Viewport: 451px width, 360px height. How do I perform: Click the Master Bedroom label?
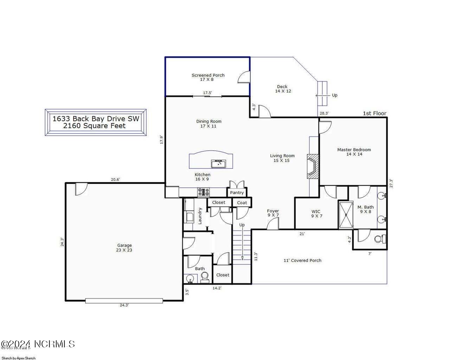click(x=354, y=152)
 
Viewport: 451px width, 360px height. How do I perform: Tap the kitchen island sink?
click(x=219, y=164)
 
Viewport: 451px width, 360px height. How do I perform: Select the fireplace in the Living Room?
click(x=313, y=167)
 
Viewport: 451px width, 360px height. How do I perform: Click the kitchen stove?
click(x=204, y=192)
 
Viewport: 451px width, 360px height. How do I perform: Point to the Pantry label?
click(x=237, y=193)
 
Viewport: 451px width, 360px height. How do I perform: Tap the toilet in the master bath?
click(x=379, y=239)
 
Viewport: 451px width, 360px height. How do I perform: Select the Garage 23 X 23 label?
click(x=124, y=248)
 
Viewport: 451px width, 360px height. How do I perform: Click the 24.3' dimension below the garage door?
click(x=124, y=305)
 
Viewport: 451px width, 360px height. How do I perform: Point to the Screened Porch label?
click(x=208, y=77)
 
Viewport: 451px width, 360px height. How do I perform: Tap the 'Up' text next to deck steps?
click(x=334, y=95)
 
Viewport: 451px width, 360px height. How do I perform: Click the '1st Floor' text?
click(x=374, y=113)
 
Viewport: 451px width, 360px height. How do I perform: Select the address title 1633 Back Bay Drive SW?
click(x=96, y=119)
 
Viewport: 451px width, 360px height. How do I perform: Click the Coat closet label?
click(x=242, y=202)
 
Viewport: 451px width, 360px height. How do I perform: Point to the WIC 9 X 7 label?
click(x=316, y=214)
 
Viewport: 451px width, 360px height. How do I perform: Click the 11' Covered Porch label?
click(x=302, y=261)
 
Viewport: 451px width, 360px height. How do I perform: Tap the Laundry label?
click(x=200, y=216)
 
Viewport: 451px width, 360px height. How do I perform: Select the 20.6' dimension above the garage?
click(x=115, y=180)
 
